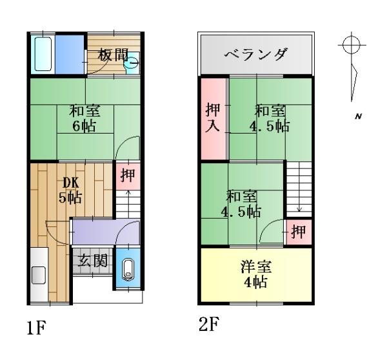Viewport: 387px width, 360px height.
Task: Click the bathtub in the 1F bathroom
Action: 43,54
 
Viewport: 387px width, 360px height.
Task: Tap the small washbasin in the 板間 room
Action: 131,63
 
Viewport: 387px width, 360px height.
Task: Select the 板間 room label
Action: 113,55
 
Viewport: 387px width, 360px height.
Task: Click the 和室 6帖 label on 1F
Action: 84,119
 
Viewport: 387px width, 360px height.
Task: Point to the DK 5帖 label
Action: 70,190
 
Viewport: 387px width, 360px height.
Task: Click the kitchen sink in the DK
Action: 39,275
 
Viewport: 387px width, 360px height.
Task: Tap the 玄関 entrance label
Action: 93,261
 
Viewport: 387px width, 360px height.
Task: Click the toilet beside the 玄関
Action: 128,270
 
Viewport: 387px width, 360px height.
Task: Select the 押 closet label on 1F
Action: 128,175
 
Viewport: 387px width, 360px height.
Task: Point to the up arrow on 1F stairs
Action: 128,203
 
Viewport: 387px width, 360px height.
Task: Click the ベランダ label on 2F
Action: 256,54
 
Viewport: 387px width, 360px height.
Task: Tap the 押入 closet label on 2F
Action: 212,117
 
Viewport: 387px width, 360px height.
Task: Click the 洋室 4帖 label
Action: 256,274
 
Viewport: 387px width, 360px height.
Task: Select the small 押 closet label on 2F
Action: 298,232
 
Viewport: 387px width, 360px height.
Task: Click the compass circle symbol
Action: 352,45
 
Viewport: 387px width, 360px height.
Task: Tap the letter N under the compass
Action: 359,116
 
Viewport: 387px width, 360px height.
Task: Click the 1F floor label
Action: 36,327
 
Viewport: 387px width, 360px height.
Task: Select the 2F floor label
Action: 209,324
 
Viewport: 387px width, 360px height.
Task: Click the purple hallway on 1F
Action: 106,233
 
